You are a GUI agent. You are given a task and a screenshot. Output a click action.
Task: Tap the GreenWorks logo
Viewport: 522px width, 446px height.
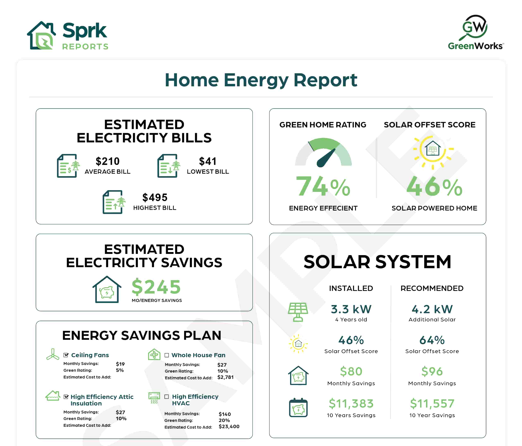pos(475,32)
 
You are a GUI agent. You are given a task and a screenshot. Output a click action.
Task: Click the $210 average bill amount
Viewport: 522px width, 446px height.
pos(108,161)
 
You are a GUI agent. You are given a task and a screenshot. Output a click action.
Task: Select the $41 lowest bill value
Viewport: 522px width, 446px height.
pos(208,161)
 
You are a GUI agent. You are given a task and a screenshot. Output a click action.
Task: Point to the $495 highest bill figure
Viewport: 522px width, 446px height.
pos(155,198)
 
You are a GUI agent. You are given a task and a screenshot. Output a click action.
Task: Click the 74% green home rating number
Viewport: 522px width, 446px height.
pos(323,187)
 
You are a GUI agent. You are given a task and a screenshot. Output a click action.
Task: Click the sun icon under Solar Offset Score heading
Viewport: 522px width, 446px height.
pos(433,151)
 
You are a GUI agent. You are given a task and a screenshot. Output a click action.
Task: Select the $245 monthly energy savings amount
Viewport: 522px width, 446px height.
pos(156,287)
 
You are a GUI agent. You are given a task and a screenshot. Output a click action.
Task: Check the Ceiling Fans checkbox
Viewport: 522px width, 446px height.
pos(66,355)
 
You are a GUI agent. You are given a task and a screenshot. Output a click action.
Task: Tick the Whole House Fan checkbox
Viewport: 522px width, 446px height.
pos(166,355)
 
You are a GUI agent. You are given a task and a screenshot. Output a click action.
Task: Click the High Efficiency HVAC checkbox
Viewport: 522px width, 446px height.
pos(166,397)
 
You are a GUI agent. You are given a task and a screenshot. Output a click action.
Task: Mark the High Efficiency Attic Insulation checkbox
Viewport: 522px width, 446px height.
pos(66,397)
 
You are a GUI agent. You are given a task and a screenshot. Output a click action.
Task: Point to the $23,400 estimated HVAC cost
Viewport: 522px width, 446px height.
pos(229,426)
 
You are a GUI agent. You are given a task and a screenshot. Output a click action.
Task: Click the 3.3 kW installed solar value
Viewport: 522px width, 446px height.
pos(351,309)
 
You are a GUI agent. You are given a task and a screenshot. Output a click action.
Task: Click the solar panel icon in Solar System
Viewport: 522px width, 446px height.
pos(298,312)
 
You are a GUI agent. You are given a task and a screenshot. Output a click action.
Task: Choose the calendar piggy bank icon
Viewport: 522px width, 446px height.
pos(298,408)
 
